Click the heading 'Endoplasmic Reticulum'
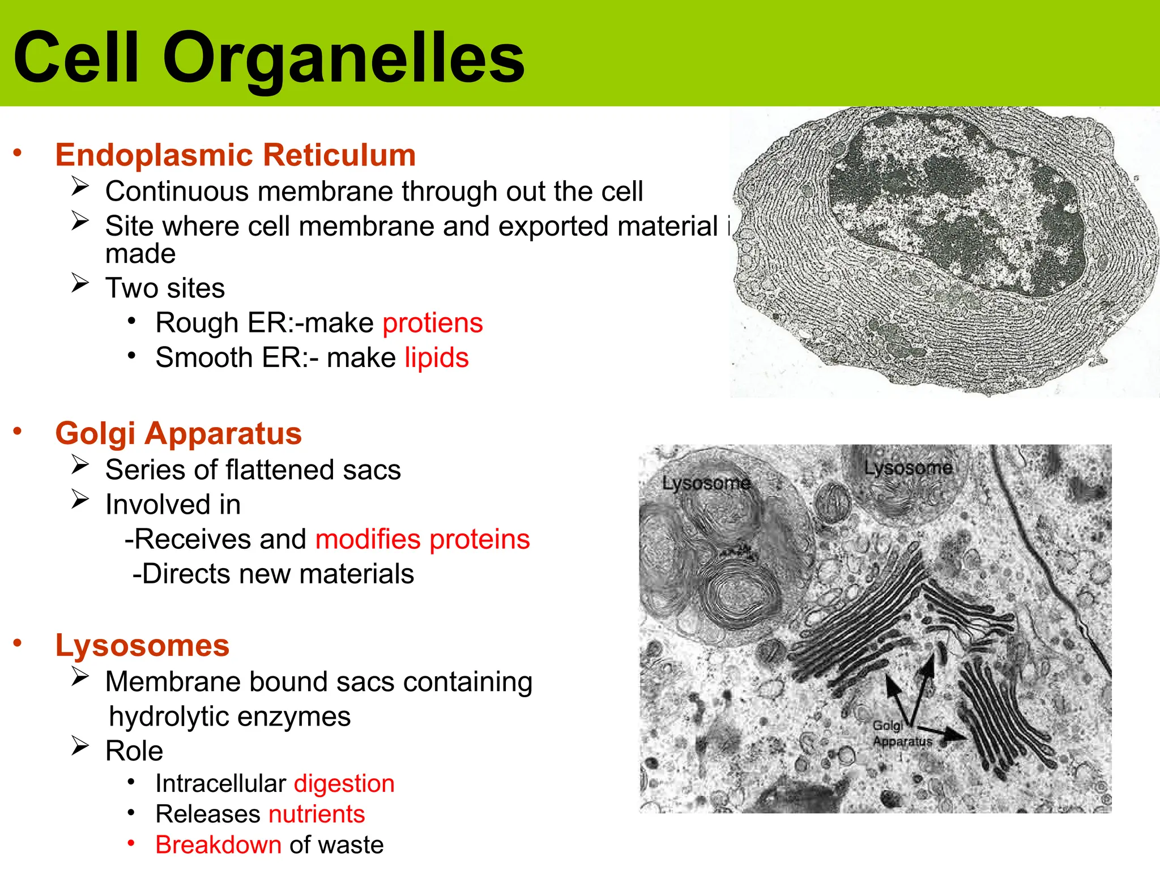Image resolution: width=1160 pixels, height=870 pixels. coord(236,155)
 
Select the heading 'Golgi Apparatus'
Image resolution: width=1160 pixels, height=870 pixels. coord(178,433)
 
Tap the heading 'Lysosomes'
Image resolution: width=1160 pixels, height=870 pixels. coord(142,645)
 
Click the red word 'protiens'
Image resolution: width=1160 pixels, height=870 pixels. coord(433,323)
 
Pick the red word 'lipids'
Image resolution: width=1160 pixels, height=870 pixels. coord(437,358)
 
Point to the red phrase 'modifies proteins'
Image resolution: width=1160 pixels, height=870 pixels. coord(423,539)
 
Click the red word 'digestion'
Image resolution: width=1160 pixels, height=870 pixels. coord(344,784)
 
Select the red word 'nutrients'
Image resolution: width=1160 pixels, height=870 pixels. coord(317,814)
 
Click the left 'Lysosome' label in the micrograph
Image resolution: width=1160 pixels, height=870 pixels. coord(706,483)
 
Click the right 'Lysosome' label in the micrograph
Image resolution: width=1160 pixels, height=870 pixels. coord(908,468)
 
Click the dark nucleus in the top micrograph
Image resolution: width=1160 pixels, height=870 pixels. coord(957,210)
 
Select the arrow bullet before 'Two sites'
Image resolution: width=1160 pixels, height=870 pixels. coord(80,283)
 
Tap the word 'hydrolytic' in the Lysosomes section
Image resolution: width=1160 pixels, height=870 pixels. coord(169,717)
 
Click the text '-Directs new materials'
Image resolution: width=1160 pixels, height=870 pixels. coord(273,574)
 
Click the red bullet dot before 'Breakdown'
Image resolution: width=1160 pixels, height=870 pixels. coord(131,843)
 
